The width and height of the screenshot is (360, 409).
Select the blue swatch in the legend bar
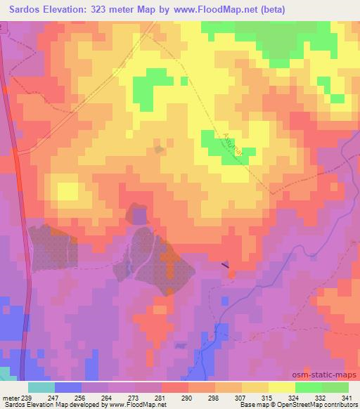tap(68, 387)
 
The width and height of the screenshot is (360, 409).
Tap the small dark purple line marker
tap(224, 266)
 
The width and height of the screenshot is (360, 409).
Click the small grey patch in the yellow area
tap(160, 149)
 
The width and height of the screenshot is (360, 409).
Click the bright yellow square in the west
tap(67, 191)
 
